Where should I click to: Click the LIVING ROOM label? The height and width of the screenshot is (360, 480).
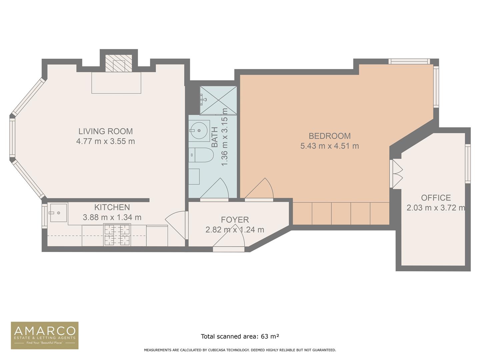pyautogui.click(x=105, y=131)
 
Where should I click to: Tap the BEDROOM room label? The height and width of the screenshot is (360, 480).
pyautogui.click(x=329, y=136)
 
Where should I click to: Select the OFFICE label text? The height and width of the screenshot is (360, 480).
pyautogui.click(x=436, y=198)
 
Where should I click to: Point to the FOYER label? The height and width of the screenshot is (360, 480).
pyautogui.click(x=235, y=220)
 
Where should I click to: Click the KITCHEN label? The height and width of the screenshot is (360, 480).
pyautogui.click(x=112, y=207)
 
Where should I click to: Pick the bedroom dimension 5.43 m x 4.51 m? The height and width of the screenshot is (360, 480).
pyautogui.click(x=329, y=146)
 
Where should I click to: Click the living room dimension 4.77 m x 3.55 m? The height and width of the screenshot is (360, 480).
pyautogui.click(x=105, y=141)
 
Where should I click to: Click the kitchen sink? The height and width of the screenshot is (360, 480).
pyautogui.click(x=58, y=213)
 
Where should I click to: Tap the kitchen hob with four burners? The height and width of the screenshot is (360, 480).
pyautogui.click(x=117, y=235)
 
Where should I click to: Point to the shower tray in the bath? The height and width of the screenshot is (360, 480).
pyautogui.click(x=218, y=100)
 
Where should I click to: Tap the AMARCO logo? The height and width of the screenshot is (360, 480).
pyautogui.click(x=45, y=335)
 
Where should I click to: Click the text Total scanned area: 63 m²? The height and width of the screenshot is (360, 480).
pyautogui.click(x=240, y=336)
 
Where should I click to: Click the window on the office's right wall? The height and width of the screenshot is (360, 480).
pyautogui.click(x=467, y=163)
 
